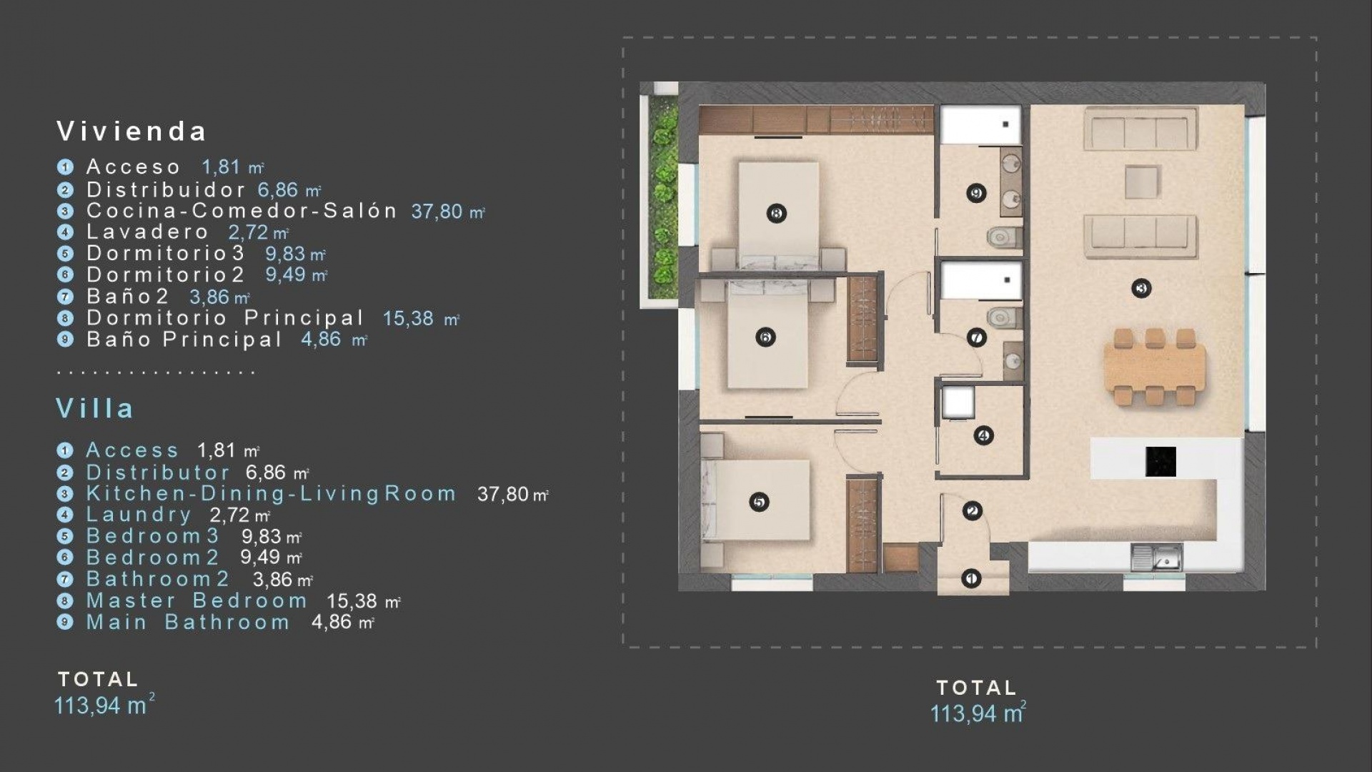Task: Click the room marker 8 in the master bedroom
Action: (776, 213)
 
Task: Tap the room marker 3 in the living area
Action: (1141, 289)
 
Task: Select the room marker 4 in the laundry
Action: (984, 435)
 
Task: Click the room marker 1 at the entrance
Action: (970, 578)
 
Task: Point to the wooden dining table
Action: (1154, 368)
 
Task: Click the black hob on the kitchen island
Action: (1160, 462)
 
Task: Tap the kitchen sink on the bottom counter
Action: (1157, 558)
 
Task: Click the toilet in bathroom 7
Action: (1002, 316)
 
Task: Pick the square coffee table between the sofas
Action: (1142, 182)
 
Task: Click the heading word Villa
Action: (95, 408)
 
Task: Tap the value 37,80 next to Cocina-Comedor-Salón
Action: (437, 211)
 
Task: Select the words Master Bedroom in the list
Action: (197, 600)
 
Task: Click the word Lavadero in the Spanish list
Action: (147, 232)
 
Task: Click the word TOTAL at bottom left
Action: (98, 679)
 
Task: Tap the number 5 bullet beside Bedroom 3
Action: (65, 536)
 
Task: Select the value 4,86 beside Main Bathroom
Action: (332, 622)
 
